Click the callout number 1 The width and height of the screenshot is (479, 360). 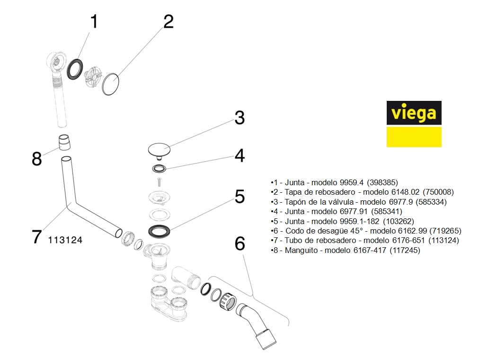[94, 21]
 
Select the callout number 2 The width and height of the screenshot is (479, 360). [168, 21]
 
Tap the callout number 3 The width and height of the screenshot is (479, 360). [239, 117]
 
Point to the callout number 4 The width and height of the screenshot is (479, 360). [240, 155]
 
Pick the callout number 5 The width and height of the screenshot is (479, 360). [240, 196]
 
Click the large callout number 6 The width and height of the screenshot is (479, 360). [240, 243]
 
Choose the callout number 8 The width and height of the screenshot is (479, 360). [36, 159]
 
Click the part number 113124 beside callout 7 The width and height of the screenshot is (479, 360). [65, 240]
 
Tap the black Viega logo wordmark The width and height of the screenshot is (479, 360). [414, 113]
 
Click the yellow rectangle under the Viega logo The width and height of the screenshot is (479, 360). [414, 137]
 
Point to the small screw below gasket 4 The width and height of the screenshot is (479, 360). [160, 180]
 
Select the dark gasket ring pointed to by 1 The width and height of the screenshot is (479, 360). [74, 69]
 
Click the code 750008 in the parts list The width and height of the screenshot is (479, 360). [439, 192]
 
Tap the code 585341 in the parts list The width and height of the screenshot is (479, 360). [387, 211]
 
